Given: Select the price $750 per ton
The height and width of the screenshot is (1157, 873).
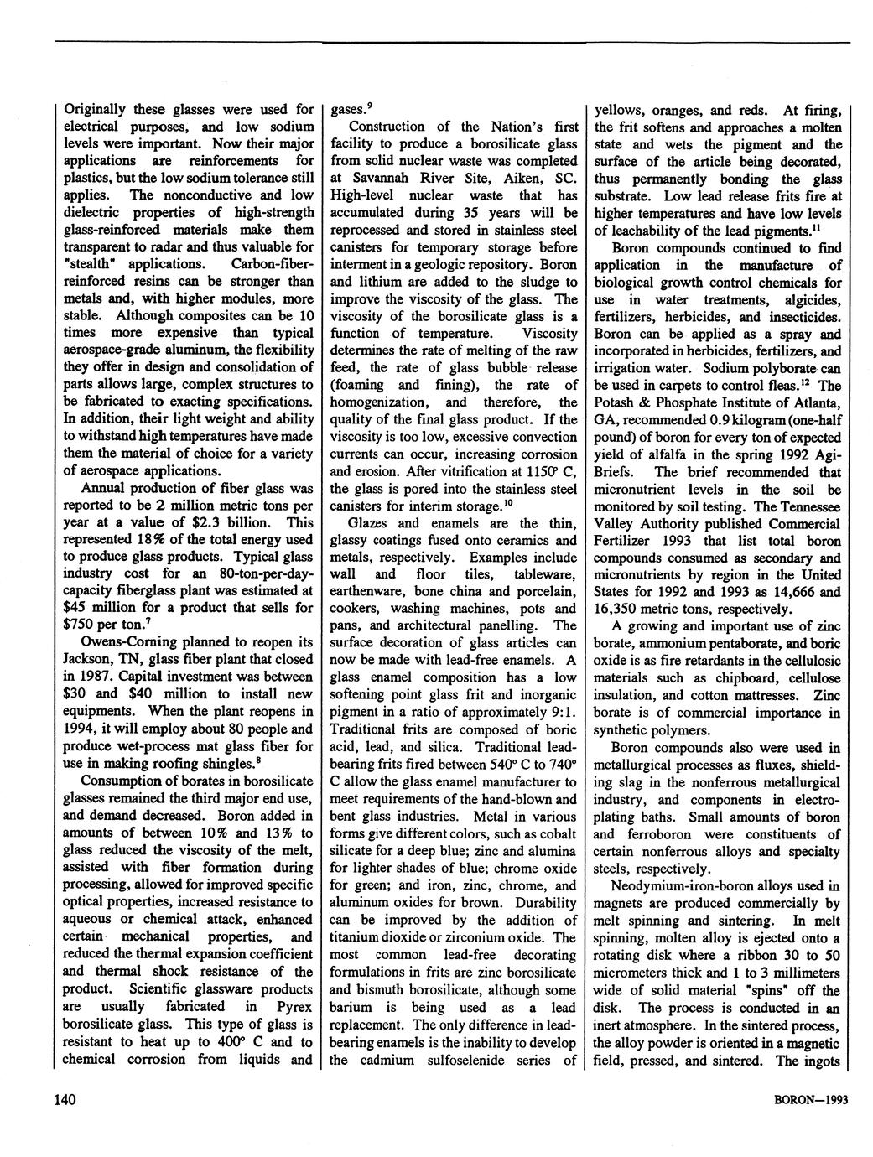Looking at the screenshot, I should pyautogui.click(x=82, y=625).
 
